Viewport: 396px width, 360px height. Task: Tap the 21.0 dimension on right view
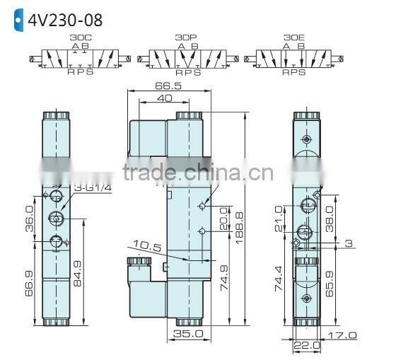[x=278, y=216]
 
